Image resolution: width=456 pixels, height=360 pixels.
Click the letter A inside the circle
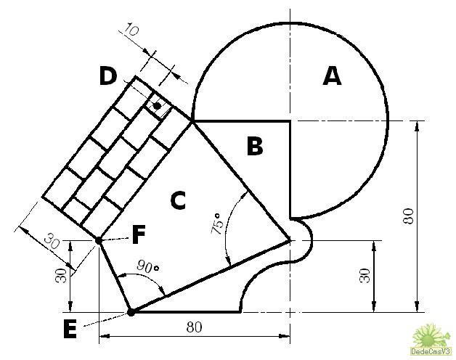click(332, 76)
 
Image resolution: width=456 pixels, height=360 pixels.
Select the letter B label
click(255, 146)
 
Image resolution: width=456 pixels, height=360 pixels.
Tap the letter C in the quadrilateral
click(178, 200)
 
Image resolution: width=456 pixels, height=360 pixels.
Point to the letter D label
click(108, 75)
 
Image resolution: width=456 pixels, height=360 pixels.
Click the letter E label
click(70, 329)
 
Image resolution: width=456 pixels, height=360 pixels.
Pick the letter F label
click(139, 234)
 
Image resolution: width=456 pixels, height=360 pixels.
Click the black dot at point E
click(131, 313)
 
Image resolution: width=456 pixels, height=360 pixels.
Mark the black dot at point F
click(99, 241)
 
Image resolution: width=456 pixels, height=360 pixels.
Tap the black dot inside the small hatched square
click(158, 106)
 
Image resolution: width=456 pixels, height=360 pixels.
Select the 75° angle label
click(217, 224)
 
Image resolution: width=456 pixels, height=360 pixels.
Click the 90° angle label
click(148, 266)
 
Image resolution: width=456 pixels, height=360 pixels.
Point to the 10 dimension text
click(131, 29)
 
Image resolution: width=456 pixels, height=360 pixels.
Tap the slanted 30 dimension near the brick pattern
click(52, 241)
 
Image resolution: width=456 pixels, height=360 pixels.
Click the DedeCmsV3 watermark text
click(431, 351)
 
